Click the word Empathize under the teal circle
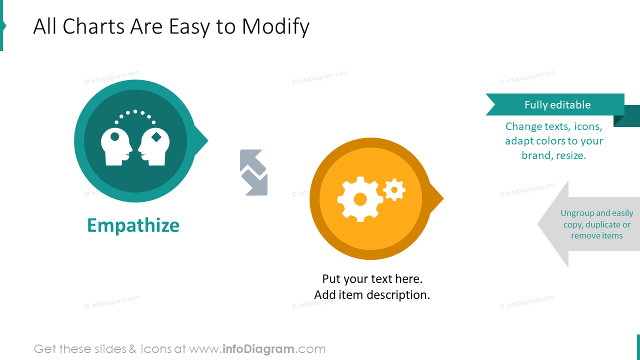133,225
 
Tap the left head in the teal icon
116,146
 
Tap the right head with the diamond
154,146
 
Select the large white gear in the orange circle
360,199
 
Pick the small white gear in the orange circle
394,190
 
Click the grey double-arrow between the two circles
253,172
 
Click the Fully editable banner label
557,105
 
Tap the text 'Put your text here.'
372,278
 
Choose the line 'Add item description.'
372,295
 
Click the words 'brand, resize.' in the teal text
553,155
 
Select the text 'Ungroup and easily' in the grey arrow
596,213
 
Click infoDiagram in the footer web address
258,349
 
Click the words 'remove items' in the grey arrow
596,236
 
